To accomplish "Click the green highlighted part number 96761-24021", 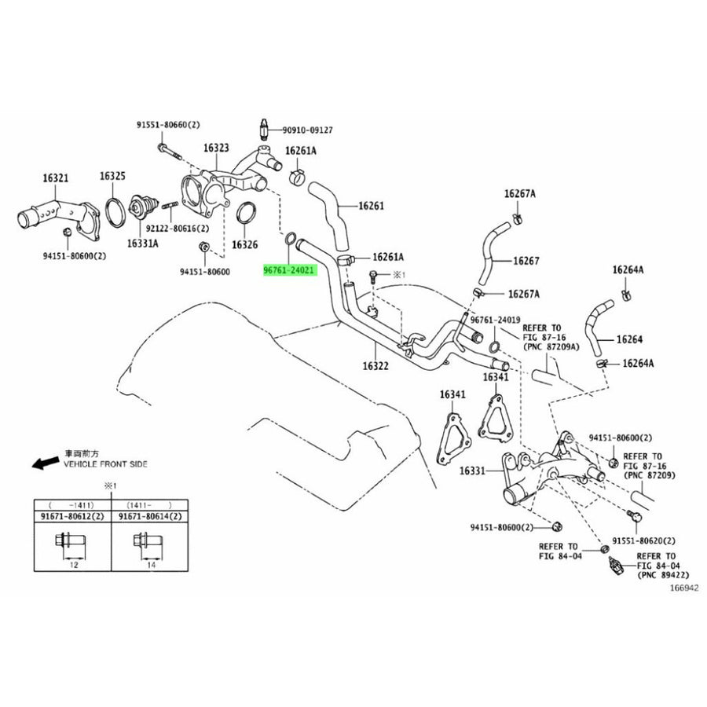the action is coord(289,270).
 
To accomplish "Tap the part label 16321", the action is coord(56,178).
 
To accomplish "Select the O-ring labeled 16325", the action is coord(115,212).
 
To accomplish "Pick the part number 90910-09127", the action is coord(307,130).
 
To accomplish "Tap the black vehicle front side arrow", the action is coord(45,462).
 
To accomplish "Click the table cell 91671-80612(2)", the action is coord(72,517).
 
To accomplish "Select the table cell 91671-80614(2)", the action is coord(150,517).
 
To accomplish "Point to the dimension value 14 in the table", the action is coord(151,565).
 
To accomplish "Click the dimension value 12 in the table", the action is coord(74,565).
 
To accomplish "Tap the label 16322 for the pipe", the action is coord(375,366).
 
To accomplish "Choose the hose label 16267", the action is coord(526,261).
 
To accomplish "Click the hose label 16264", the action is coord(629,339).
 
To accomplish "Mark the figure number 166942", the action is coord(684,588).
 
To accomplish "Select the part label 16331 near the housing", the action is coord(472,471).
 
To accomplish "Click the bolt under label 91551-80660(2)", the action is coord(170,152).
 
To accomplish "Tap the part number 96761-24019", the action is coord(495,320).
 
